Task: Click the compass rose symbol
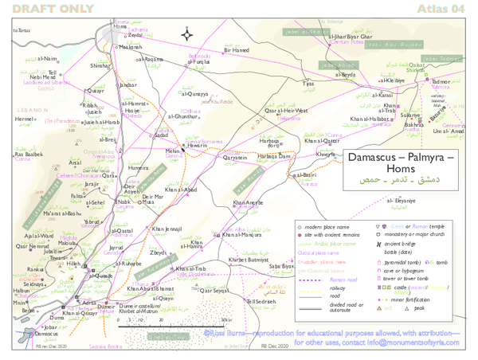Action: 186,33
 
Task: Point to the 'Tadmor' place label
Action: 441,82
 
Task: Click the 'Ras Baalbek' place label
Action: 29,154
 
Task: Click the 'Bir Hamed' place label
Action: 237,50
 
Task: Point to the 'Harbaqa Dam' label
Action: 274,157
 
